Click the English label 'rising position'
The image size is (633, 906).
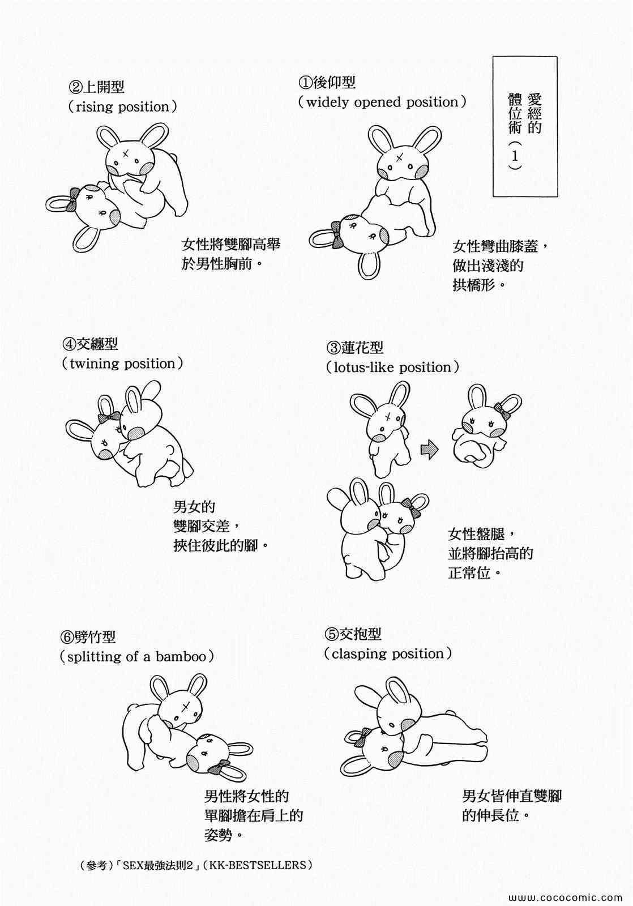122,107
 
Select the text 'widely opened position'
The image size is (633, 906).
382,102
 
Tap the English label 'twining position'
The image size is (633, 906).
122,364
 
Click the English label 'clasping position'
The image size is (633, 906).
387,654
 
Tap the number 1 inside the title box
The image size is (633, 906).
515,155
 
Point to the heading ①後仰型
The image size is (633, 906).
327,83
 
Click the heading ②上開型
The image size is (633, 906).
96,87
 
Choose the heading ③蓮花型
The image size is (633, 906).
355,347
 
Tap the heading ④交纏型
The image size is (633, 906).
90,344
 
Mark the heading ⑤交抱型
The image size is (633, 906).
353,634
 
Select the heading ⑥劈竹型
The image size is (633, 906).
88,637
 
